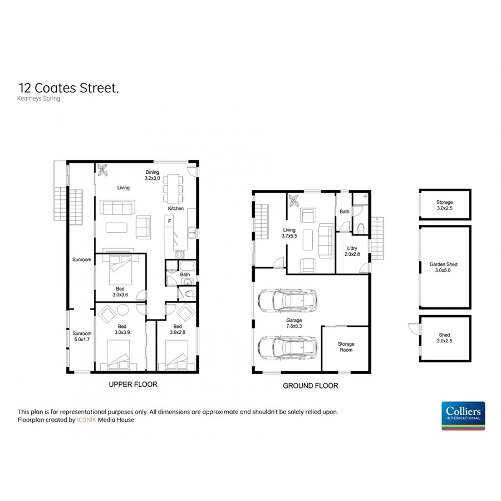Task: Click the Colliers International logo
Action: click(463, 415)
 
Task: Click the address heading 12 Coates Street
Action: click(68, 88)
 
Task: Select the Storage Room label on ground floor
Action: click(346, 347)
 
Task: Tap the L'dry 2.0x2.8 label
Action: click(352, 250)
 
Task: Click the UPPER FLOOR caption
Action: click(133, 385)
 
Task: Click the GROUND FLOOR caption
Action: click(310, 386)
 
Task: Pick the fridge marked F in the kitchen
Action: click(168, 222)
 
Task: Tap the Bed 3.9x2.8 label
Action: click(178, 330)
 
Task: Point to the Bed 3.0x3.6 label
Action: click(120, 291)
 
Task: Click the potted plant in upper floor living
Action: click(103, 170)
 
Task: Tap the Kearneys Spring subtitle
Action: click(39, 99)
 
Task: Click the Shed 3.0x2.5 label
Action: click(444, 338)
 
